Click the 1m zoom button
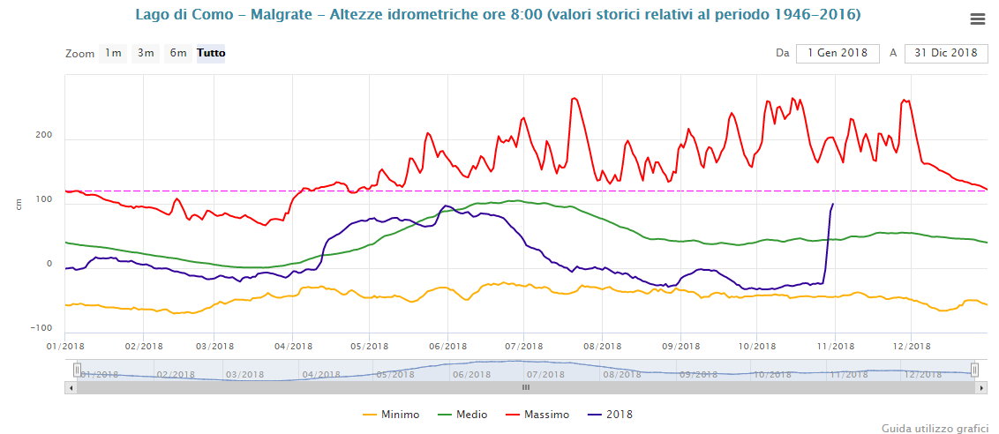tap(113, 53)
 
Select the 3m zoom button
tap(145, 53)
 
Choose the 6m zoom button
tap(178, 53)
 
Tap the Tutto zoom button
tap(211, 53)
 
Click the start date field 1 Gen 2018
tap(838, 53)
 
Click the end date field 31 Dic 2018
tap(946, 53)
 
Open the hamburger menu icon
tap(977, 19)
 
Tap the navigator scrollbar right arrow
tap(981, 387)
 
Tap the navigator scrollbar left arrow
tap(71, 387)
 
